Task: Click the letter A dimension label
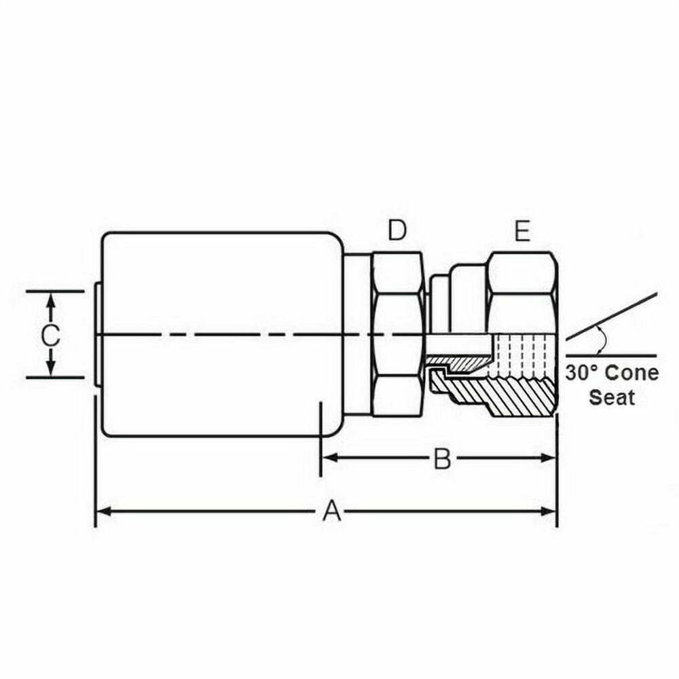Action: (x=332, y=511)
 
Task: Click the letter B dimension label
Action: (x=442, y=458)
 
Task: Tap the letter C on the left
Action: (x=51, y=335)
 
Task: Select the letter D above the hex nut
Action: (x=397, y=230)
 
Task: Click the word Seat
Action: (x=612, y=397)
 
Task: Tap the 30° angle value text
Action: (x=582, y=372)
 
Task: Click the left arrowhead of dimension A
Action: (x=102, y=511)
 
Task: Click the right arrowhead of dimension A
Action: (x=549, y=511)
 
